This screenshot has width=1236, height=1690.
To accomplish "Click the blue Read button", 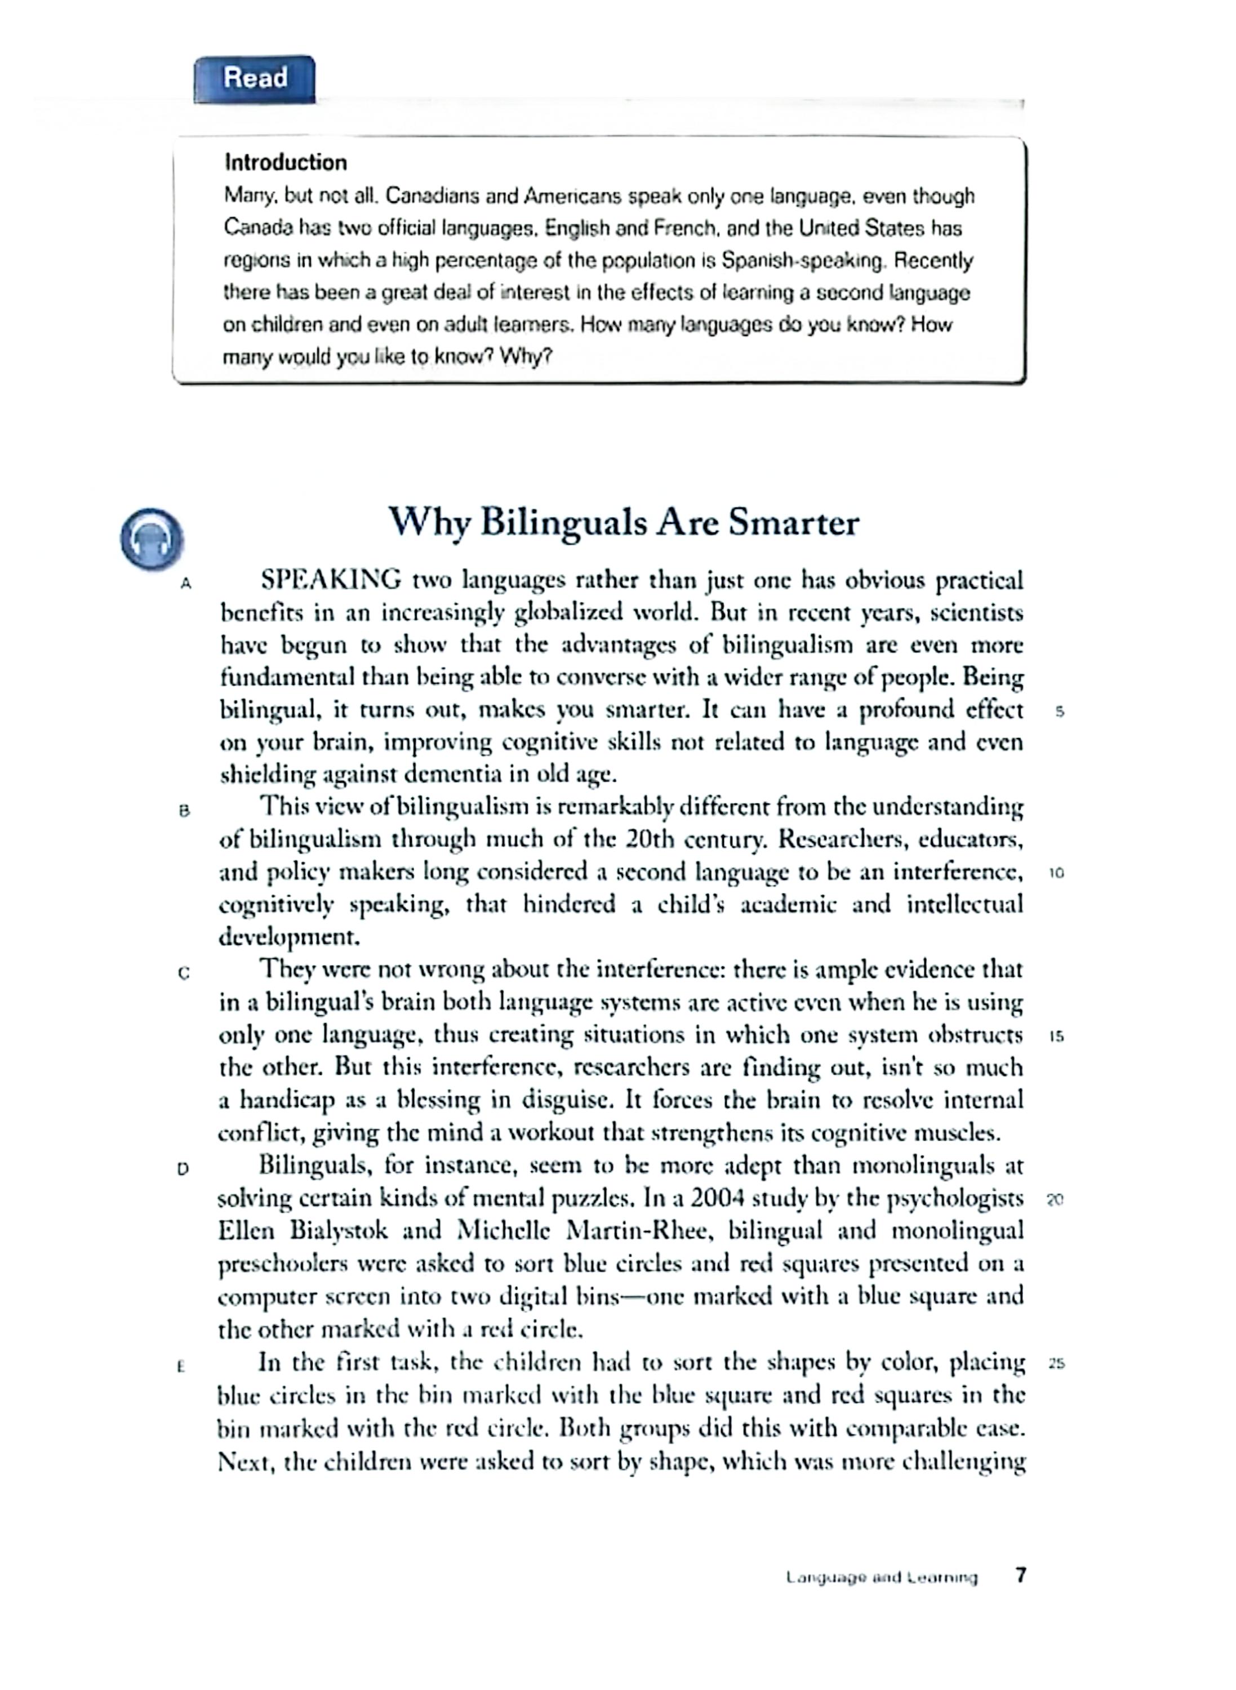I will (x=255, y=78).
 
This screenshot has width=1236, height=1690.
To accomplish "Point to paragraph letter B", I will (x=185, y=810).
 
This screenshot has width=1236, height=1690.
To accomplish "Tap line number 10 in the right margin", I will (x=1056, y=873).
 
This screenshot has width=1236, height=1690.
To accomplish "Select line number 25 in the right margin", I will (x=1056, y=1363).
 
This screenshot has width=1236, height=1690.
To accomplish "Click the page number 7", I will (x=1021, y=1576).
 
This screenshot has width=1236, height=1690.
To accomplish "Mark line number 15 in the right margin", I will (x=1056, y=1037).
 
